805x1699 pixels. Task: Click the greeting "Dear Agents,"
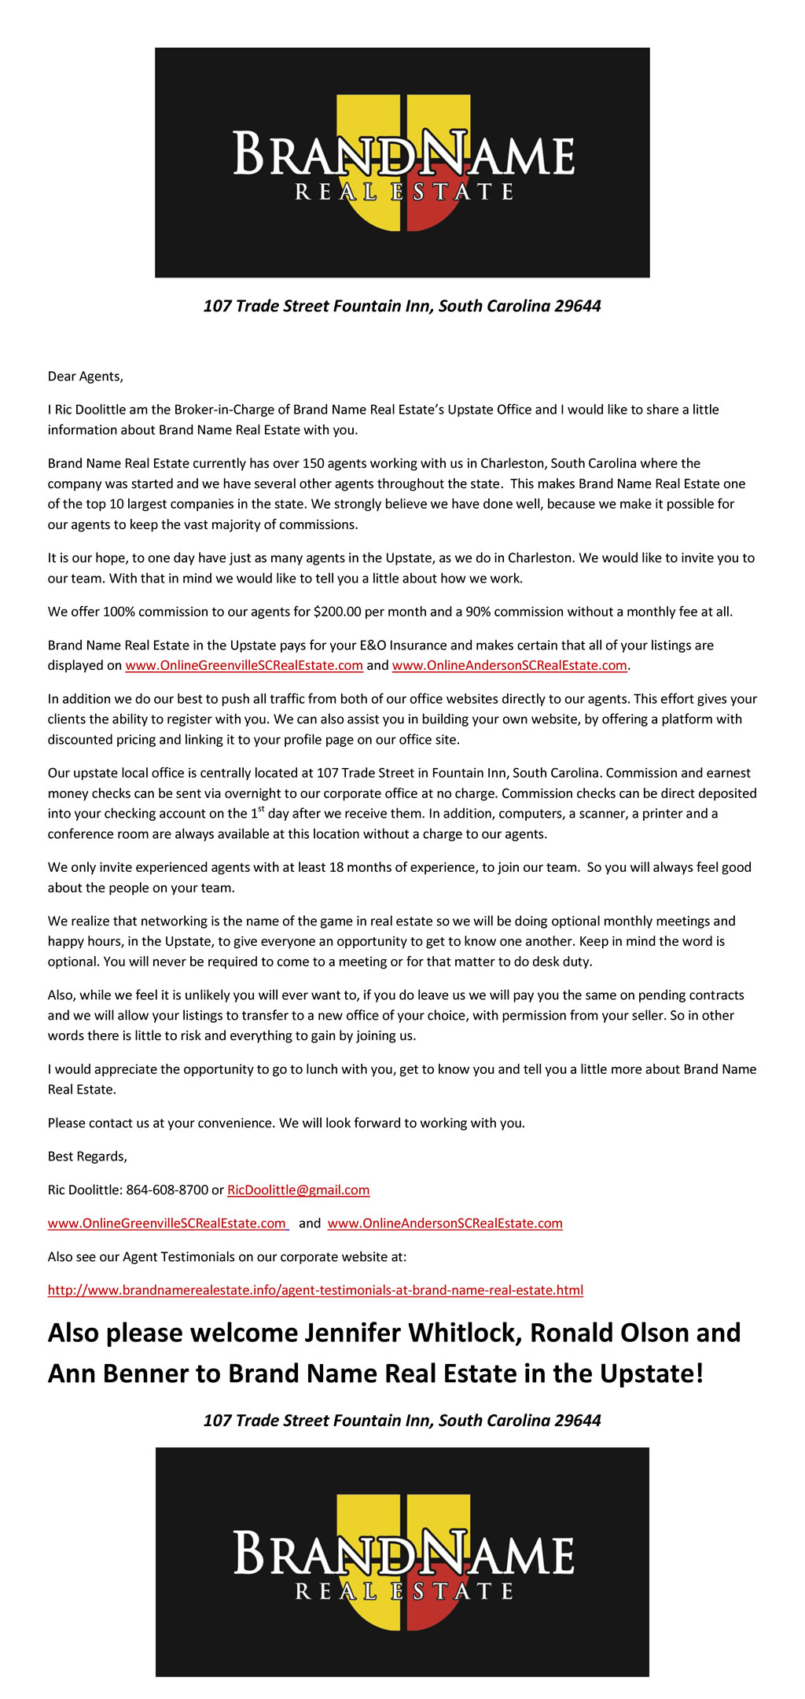pos(85,376)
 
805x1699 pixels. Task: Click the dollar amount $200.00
pos(336,612)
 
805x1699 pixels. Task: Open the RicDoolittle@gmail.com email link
pos(298,1190)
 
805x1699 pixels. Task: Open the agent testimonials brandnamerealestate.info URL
pos(315,1289)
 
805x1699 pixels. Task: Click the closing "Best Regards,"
pos(87,1156)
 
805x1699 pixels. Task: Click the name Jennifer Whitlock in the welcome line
pos(413,1333)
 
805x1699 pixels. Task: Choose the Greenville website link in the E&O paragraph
pos(244,665)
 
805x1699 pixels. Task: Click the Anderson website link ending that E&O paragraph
pos(509,665)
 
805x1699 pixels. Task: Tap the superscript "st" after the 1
pos(261,809)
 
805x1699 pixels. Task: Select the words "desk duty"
pos(566,962)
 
